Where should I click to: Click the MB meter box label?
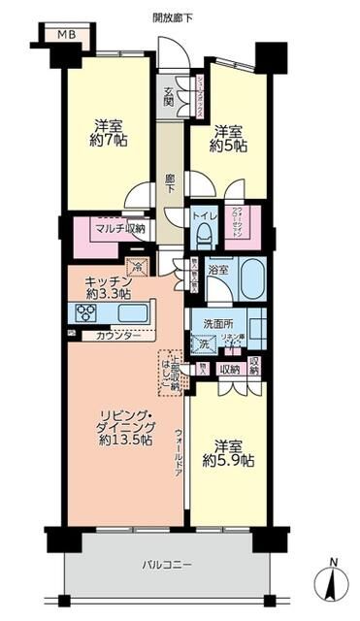click(65, 36)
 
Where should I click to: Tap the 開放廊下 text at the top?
click(172, 17)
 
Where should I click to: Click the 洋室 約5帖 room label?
click(229, 138)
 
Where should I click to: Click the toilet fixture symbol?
click(204, 233)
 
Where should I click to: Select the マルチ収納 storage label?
click(119, 229)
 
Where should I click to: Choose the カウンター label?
click(116, 335)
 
